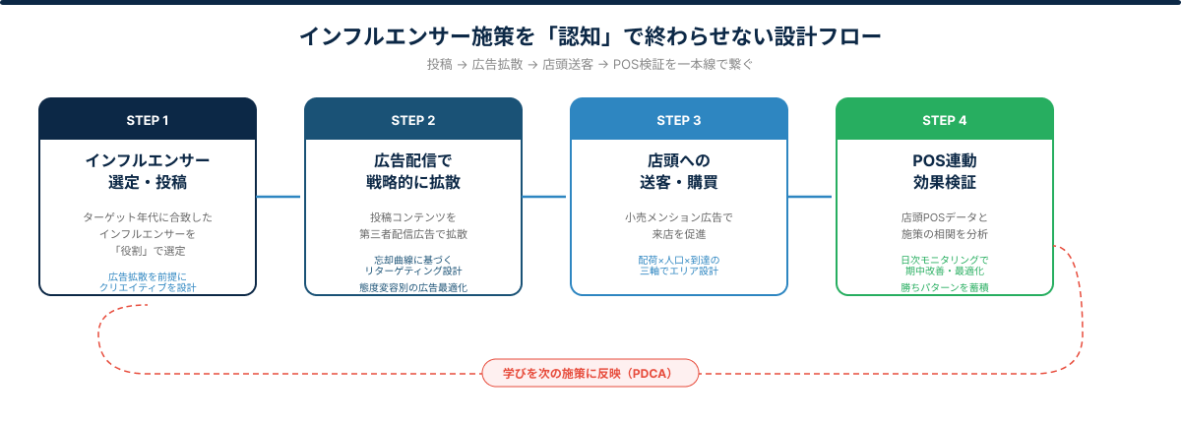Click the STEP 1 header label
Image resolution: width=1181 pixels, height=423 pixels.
[x=148, y=120]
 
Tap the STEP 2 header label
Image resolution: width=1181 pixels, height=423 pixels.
[x=413, y=120]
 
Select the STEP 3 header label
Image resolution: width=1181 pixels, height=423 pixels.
[x=679, y=120]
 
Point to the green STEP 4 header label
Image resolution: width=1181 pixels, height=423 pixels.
[x=945, y=120]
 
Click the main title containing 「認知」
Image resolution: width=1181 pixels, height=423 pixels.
[x=590, y=37]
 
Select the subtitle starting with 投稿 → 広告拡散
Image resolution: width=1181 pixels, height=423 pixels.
[x=590, y=65]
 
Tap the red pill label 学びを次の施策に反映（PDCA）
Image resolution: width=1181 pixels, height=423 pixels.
[x=590, y=374]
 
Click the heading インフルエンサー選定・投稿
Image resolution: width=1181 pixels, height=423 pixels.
[x=148, y=170]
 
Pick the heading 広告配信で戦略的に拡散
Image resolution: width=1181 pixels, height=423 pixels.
[x=413, y=170]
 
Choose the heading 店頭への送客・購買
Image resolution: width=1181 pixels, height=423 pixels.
[x=679, y=170]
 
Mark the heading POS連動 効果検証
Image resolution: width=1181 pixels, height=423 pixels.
[x=945, y=170]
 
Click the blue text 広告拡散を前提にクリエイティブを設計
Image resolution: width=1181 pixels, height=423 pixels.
[x=148, y=281]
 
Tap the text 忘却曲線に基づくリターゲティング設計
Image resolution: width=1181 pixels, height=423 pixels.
[x=413, y=265]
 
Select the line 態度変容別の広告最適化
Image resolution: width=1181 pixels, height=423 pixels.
[x=413, y=287]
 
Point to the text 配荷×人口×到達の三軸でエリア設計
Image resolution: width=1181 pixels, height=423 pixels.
[x=679, y=265]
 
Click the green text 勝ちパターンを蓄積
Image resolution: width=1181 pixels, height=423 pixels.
[x=945, y=287]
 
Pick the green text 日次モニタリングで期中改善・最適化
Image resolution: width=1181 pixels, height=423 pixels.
[x=945, y=265]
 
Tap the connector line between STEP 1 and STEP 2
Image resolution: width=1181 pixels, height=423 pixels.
[x=280, y=197]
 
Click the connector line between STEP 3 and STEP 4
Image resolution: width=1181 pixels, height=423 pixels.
[x=812, y=197]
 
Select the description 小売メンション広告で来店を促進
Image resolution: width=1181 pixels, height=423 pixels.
[x=679, y=225]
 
